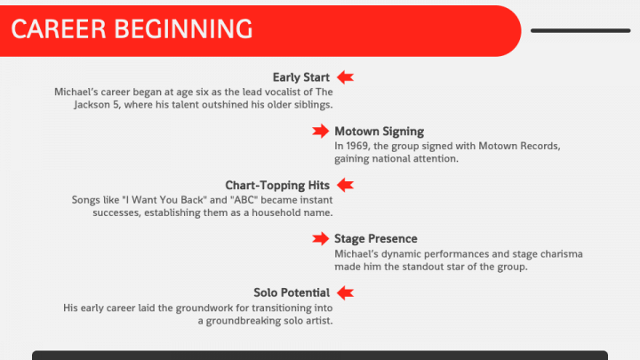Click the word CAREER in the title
coord(59,29)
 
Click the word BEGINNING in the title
coord(183,29)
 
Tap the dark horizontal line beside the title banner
coord(580,30)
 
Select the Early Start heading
coord(300,77)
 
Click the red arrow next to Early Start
coord(345,77)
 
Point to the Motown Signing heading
coord(380,132)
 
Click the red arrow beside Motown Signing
coord(320,131)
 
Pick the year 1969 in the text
coord(356,146)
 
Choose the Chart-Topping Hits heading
coord(277,185)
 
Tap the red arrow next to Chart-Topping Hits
coord(345,185)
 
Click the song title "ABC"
coord(244,200)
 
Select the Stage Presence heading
coord(375,239)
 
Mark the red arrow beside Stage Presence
coord(320,239)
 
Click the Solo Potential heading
coord(292,292)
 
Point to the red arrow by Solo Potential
coord(345,292)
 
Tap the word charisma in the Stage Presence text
coord(562,254)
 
